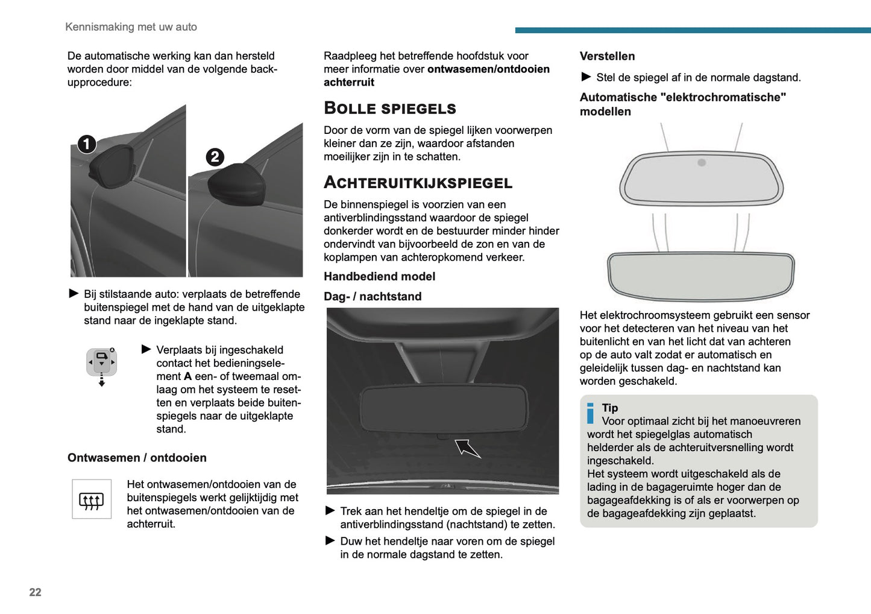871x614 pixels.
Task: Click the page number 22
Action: tap(35, 592)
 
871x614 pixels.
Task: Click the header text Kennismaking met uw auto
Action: tap(131, 27)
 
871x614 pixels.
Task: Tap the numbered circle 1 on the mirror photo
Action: tap(87, 144)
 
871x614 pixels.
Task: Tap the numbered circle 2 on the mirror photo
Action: tap(215, 157)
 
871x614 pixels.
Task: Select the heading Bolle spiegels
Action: tap(389, 109)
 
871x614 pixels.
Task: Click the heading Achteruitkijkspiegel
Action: tap(418, 183)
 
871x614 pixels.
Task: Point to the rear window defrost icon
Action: tap(92, 499)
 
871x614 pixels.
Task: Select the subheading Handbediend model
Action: tap(379, 277)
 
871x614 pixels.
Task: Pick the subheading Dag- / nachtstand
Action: tap(373, 297)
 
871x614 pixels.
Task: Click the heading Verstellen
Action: tap(607, 57)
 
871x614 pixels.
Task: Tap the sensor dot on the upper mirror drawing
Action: tap(702, 162)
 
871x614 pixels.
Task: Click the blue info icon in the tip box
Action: tap(591, 413)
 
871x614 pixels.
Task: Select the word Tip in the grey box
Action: tap(610, 408)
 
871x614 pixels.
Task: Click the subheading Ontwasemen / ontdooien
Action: tap(137, 458)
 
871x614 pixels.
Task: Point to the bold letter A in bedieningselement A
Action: tap(187, 376)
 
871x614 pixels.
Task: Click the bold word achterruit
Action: tap(349, 83)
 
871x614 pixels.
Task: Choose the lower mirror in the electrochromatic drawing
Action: tap(700, 276)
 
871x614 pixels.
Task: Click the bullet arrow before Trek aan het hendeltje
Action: tap(330, 511)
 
